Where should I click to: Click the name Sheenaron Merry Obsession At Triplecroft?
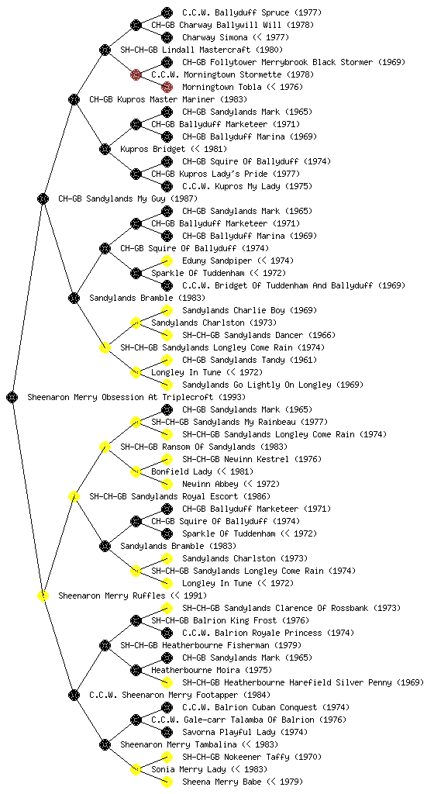121,397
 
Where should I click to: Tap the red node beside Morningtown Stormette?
136,74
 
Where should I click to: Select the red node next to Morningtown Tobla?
167,87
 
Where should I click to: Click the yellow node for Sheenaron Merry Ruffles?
43,595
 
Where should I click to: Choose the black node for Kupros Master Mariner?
74,99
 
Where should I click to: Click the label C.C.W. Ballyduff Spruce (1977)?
251,12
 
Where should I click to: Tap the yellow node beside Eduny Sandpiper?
167,261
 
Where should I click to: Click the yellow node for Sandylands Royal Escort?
74,496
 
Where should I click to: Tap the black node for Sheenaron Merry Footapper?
74,695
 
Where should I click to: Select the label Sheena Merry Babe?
222,782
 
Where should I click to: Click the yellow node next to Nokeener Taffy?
167,757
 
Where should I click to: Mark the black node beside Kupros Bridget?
105,149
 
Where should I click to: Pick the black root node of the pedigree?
12,397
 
